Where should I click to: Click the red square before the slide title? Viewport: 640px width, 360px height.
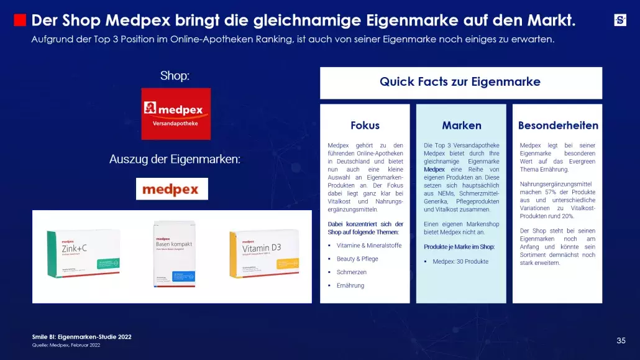point(20,21)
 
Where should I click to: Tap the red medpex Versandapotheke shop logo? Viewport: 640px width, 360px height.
point(176,114)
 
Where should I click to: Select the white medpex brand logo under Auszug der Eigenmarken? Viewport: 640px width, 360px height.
point(172,189)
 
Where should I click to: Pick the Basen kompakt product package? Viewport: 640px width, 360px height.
point(174,254)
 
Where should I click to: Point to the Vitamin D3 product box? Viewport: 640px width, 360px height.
point(264,254)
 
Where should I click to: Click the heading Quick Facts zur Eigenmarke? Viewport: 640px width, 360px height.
point(460,82)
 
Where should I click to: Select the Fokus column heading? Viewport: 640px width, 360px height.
point(365,125)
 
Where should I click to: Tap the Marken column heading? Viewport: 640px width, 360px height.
point(462,125)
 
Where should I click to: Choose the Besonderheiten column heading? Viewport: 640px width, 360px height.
point(558,125)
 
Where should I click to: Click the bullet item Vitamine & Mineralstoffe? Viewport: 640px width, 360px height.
point(368,246)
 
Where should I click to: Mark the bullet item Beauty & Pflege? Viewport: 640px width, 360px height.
point(357,259)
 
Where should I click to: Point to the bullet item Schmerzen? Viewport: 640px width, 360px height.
point(352,272)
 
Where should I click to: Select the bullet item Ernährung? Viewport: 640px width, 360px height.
point(350,285)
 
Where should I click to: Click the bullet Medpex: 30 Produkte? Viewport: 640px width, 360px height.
point(460,261)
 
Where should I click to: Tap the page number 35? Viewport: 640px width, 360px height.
point(621,340)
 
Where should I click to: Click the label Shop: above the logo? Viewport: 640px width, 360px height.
point(175,76)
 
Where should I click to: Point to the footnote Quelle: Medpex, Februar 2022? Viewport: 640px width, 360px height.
point(66,345)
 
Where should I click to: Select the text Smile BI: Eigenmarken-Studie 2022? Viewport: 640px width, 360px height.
point(81,337)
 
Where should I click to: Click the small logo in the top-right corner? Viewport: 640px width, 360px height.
point(620,20)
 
